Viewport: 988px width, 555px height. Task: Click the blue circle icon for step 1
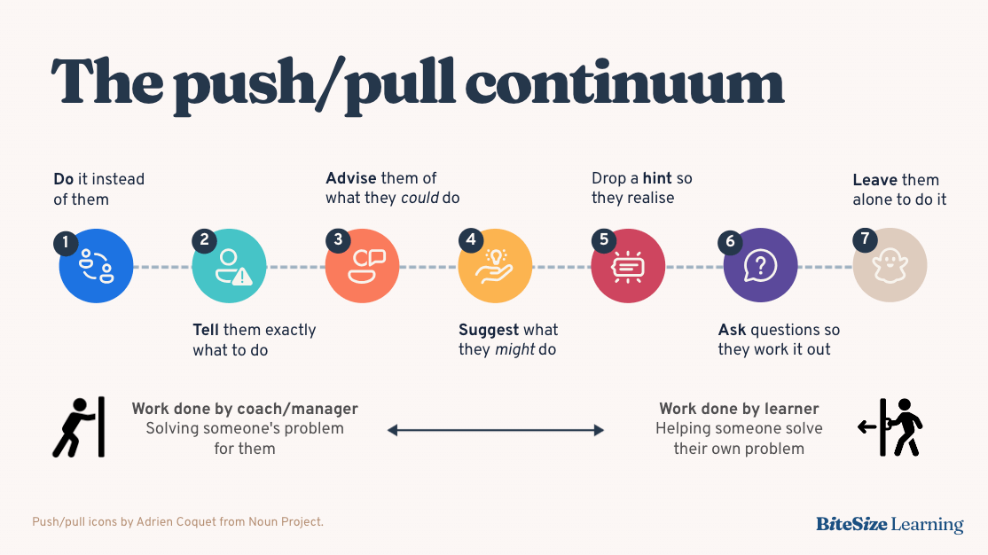(96, 266)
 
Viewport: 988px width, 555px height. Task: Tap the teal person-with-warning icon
(229, 266)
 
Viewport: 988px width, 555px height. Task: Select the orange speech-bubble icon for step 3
(362, 266)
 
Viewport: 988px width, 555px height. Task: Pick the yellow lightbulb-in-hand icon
(495, 266)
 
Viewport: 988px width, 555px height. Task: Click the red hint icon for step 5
(628, 266)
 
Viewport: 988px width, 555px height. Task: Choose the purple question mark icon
(760, 266)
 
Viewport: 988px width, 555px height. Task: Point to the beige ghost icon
(890, 266)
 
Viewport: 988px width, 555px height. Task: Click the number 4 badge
(470, 240)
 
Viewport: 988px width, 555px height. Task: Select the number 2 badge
(204, 240)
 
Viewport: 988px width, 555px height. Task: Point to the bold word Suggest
(489, 330)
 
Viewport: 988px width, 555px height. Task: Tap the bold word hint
(657, 178)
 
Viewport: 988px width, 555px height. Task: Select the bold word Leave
(874, 179)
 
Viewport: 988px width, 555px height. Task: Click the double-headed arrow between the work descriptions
(495, 430)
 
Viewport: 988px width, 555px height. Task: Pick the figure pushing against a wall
(79, 426)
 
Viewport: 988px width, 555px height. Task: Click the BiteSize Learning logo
(890, 524)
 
